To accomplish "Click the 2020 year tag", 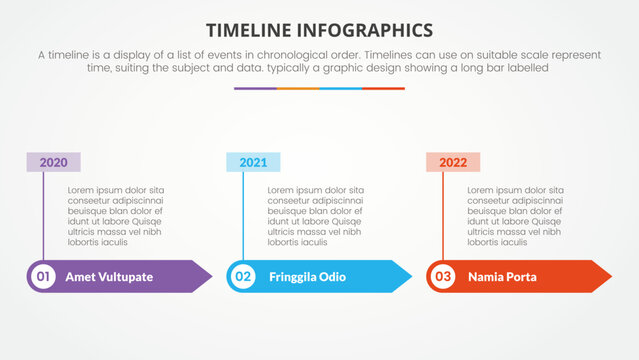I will [53, 162].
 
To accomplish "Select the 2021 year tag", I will [253, 162].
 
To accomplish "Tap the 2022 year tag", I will [453, 162].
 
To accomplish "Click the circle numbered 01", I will [43, 276].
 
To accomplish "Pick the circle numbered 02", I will [243, 276].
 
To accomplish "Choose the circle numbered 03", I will [443, 276].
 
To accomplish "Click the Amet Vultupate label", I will [109, 277].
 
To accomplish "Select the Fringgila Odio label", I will [307, 277].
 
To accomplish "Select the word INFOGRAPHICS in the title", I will [369, 29].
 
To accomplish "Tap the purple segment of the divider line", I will [255, 88].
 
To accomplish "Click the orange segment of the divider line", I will [298, 88].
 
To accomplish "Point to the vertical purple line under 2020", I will [43, 215].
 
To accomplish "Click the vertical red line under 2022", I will [443, 215].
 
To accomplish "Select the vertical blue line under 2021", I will [243, 215].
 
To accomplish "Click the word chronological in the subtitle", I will [324, 54].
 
